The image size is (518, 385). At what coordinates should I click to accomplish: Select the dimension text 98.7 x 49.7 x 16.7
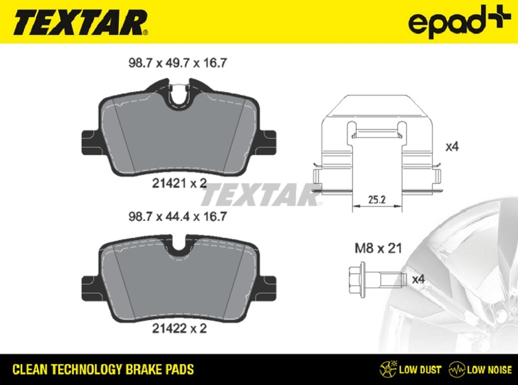[177, 63]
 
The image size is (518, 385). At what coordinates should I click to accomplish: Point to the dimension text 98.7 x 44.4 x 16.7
[177, 216]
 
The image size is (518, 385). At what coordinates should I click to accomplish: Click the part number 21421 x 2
[179, 183]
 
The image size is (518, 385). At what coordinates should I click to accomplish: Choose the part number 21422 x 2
[179, 328]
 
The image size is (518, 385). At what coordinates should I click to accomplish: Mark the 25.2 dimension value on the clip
[377, 200]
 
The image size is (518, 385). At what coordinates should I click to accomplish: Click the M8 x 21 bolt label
[378, 248]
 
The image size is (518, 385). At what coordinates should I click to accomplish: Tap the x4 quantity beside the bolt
[418, 279]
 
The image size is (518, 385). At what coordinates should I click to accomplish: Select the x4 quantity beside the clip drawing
[452, 146]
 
